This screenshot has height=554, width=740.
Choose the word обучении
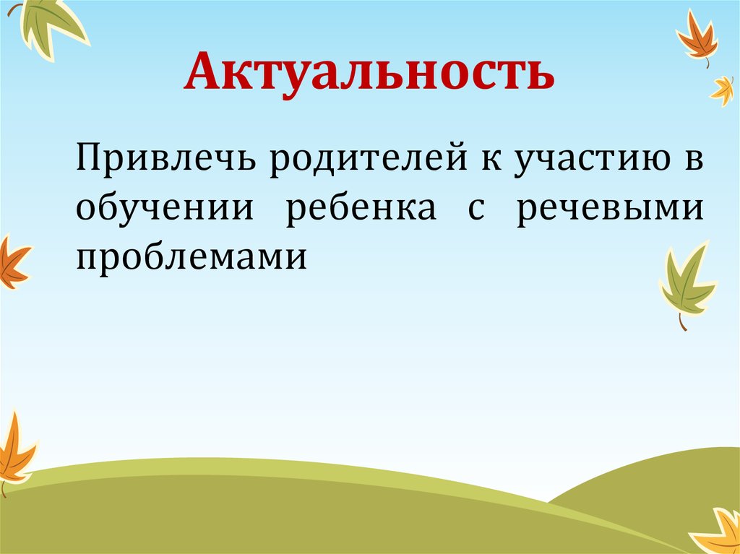coord(165,209)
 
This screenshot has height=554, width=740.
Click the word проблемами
coord(192,256)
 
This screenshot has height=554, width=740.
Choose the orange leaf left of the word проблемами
coord(12,261)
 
